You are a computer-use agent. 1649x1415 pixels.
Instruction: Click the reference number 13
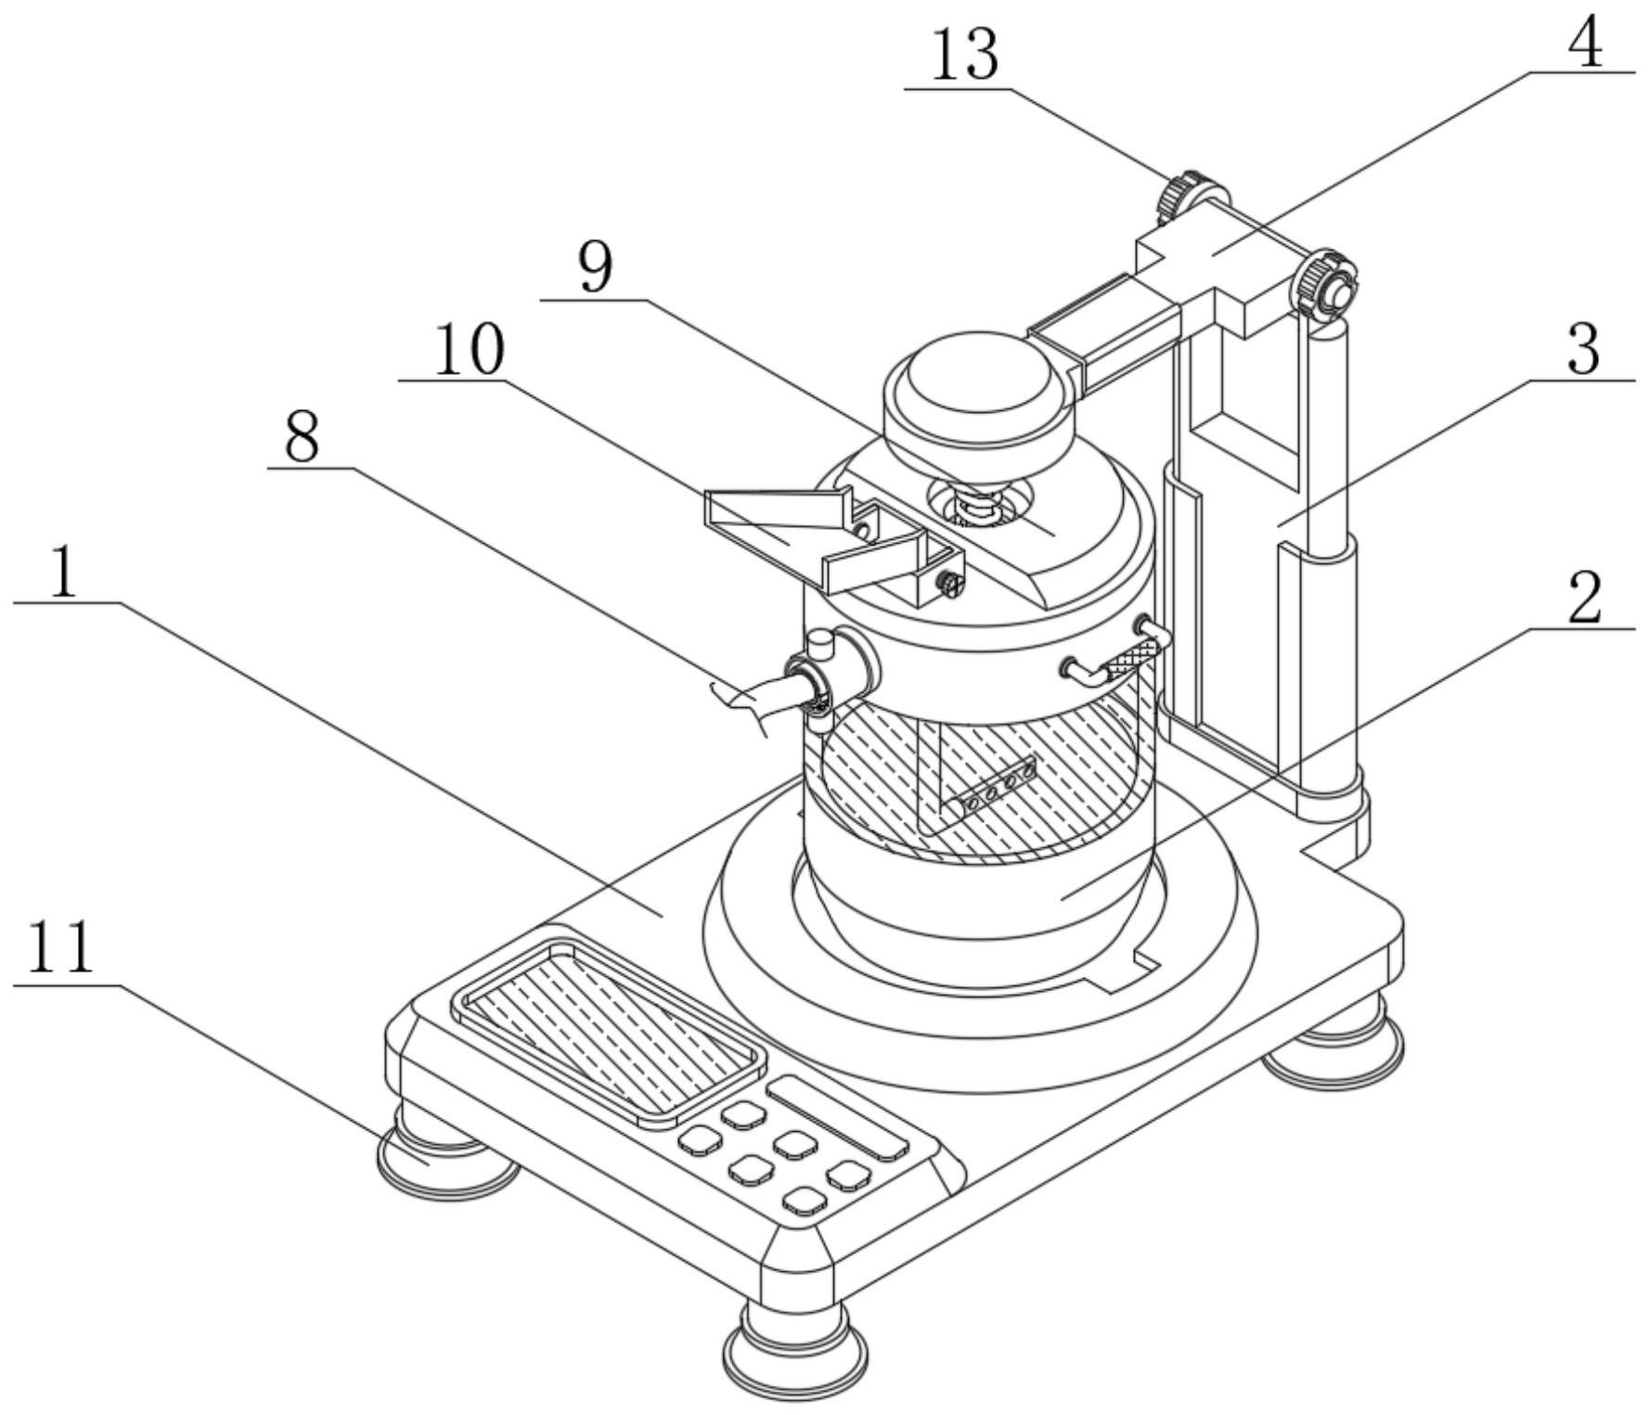tap(965, 56)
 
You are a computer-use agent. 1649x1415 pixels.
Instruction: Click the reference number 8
tap(303, 437)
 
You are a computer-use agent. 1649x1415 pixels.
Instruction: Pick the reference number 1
tap(63, 572)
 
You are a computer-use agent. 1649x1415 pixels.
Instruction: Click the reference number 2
tap(1585, 598)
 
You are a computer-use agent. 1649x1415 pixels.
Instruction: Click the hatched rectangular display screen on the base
tap(610, 1030)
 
